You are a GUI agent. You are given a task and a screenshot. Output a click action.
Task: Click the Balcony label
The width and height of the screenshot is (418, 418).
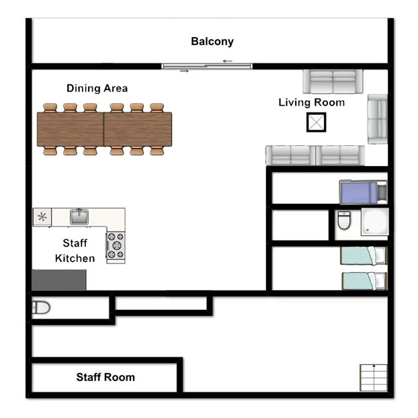[x=212, y=42]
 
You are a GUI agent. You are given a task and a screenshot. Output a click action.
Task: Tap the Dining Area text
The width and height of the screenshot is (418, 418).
[x=97, y=88]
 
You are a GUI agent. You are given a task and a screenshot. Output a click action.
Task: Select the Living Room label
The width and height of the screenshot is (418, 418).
[x=312, y=102]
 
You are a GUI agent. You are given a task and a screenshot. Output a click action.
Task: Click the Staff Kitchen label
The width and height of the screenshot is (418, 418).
[x=75, y=251]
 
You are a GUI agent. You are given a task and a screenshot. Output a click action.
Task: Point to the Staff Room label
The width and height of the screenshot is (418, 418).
[x=106, y=377]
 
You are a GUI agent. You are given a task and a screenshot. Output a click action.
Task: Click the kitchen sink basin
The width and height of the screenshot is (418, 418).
[x=79, y=216]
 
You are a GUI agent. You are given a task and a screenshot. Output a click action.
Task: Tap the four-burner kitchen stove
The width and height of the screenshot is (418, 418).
[x=116, y=245]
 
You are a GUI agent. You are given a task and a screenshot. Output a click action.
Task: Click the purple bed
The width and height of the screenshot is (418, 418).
[x=363, y=192]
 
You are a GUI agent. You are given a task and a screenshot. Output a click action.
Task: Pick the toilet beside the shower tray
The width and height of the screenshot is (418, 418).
[x=344, y=220]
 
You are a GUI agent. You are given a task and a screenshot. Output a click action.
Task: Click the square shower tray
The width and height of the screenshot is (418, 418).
[x=375, y=222]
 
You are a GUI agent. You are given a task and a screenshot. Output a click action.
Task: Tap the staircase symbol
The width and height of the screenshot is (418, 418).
[x=374, y=378]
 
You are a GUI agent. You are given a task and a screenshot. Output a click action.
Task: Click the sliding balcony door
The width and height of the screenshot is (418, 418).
[x=207, y=66]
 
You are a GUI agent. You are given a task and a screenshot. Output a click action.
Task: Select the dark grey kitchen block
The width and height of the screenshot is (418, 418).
[x=59, y=280]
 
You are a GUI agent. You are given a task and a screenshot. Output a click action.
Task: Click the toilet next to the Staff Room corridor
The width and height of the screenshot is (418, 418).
[x=41, y=308]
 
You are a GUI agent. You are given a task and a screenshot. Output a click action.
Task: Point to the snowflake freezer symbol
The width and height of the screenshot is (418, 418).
[x=42, y=216]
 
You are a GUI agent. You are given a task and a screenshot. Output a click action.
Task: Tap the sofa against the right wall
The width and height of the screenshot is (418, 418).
[x=378, y=119]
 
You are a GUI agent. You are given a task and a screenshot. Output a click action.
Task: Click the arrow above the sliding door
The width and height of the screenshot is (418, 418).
[x=228, y=61]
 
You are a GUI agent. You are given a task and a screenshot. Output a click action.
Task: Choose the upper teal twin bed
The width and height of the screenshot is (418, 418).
[x=364, y=255]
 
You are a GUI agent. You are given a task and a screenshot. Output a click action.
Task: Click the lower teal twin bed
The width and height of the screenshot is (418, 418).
[x=364, y=281]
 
